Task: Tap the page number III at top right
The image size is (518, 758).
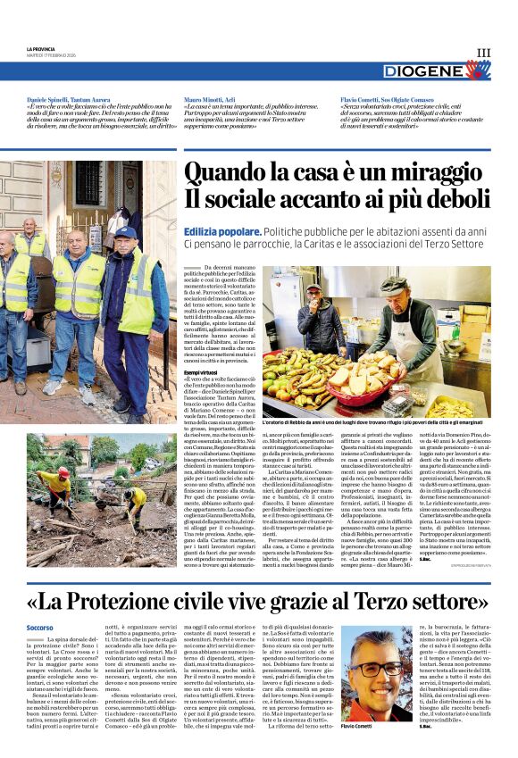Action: tap(483, 54)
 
